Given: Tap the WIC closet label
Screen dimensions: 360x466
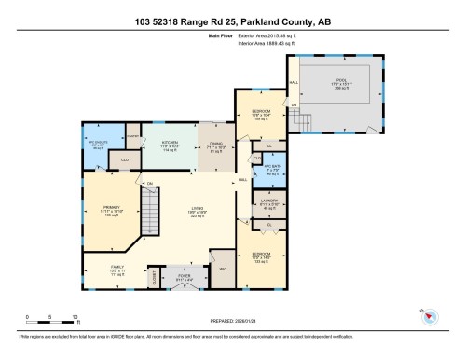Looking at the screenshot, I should [223, 269].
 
